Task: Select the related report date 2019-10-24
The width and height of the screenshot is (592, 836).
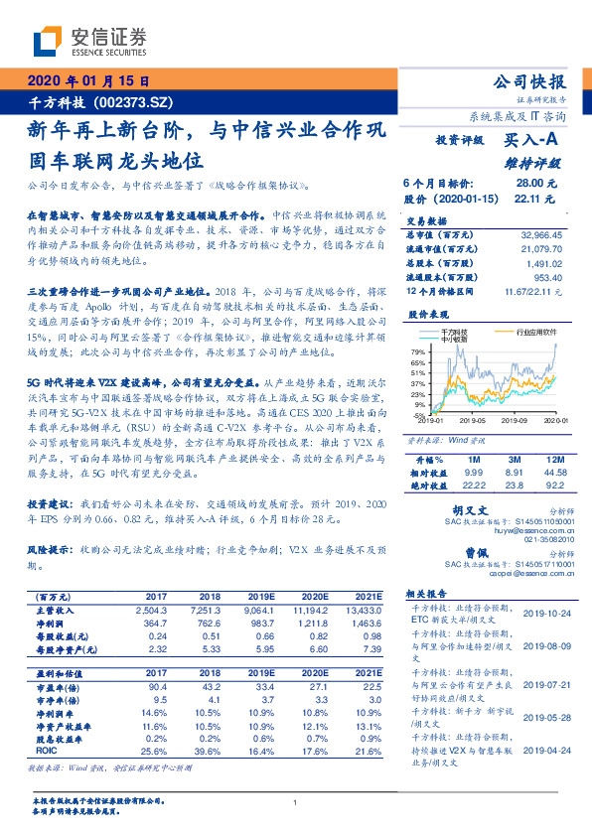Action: click(547, 614)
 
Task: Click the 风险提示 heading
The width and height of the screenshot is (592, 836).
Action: click(51, 547)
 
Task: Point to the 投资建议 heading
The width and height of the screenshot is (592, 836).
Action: click(51, 504)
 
